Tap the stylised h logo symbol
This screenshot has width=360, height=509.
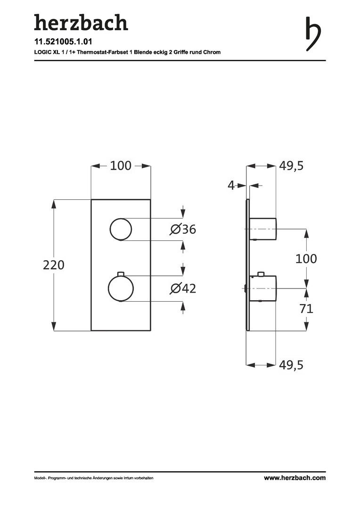(x=313, y=34)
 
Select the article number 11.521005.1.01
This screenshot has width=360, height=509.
(x=63, y=41)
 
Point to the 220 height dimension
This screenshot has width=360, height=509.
(x=54, y=265)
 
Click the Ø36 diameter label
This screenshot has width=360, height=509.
(x=183, y=230)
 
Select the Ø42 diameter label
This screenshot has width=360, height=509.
(x=183, y=288)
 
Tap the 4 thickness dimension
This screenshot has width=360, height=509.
(x=231, y=185)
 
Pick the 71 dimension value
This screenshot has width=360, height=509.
(x=306, y=308)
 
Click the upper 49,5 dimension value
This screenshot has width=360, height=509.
(x=291, y=166)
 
